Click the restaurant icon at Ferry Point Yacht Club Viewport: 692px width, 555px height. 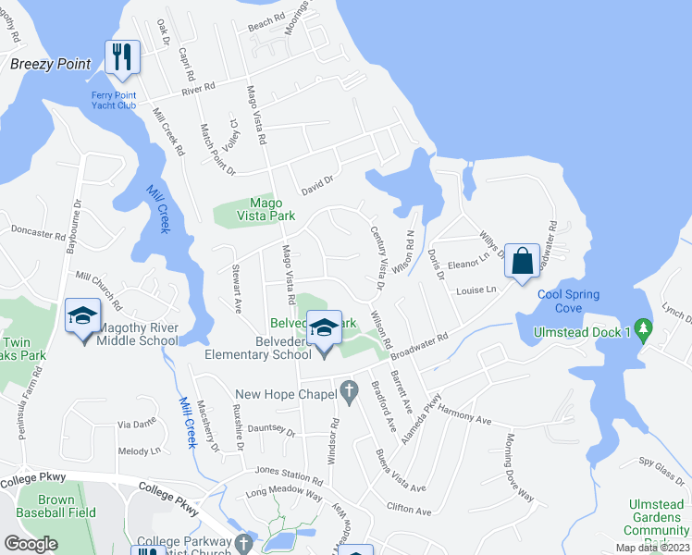(x=121, y=57)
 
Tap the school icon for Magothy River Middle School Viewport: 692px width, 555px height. (x=82, y=317)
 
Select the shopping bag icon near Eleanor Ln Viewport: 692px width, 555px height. (x=522, y=262)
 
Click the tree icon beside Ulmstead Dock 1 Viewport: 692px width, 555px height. (x=645, y=328)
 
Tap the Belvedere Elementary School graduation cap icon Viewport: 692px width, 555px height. (x=324, y=328)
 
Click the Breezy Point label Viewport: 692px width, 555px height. (x=50, y=64)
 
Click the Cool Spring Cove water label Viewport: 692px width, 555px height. (x=569, y=301)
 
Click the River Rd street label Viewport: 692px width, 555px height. (x=198, y=89)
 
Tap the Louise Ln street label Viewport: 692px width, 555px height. (x=476, y=290)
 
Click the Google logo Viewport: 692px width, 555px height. (x=31, y=544)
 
